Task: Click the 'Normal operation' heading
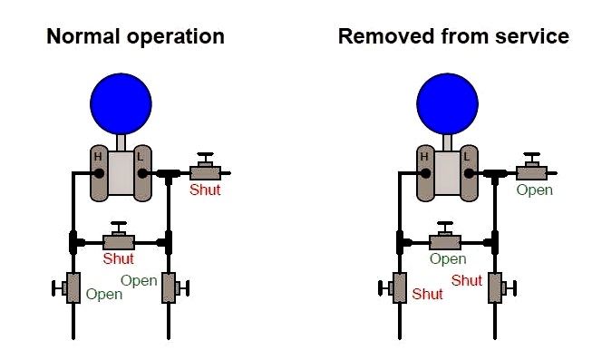pos(136,37)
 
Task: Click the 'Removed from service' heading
pos(453,36)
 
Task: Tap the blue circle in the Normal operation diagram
pos(121,104)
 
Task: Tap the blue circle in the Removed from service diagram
pos(447,104)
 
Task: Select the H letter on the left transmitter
pos(98,156)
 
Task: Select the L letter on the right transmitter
pos(466,156)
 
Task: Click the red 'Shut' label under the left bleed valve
pos(205,190)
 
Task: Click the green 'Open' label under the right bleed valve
pos(535,190)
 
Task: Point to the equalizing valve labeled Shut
pos(119,237)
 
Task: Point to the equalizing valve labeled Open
pos(445,237)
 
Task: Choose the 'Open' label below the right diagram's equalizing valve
pos(448,259)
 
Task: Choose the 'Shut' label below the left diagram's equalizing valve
pos(119,258)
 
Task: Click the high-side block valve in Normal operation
pos(67,287)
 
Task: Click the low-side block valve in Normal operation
pos(175,287)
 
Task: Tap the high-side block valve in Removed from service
pos(393,287)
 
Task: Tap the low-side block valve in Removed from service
pos(501,287)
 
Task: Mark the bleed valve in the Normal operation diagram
pos(206,168)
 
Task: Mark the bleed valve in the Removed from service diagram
pos(532,168)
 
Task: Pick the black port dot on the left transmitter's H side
pos(99,173)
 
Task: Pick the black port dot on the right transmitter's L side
pos(469,173)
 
